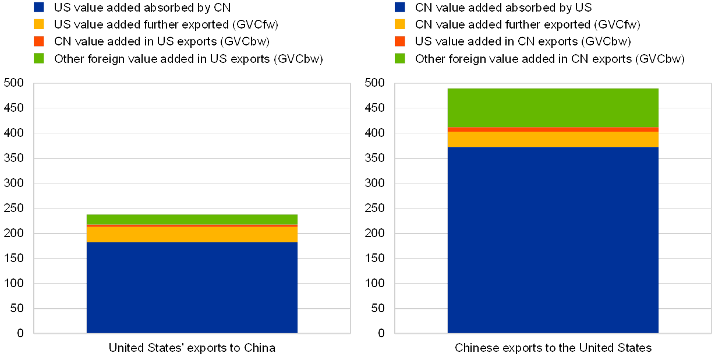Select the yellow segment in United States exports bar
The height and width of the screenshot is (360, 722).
pos(192,234)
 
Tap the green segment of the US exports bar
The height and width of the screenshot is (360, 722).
pos(192,219)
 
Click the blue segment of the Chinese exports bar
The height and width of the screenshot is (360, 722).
pos(553,239)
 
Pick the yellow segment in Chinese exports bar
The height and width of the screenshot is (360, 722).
pos(553,139)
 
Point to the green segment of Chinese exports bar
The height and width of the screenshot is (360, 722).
pos(553,107)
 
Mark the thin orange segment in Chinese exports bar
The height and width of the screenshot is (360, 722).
pos(553,129)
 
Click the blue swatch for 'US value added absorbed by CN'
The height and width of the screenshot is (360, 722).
pos(40,7)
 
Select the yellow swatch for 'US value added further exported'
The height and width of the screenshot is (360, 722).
pos(40,24)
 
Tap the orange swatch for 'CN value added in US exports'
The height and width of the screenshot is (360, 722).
pos(40,41)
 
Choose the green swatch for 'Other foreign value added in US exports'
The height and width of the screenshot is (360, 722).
pos(40,58)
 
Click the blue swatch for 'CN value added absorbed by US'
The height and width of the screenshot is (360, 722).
pos(401,7)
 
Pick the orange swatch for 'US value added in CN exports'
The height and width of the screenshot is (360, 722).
pos(401,41)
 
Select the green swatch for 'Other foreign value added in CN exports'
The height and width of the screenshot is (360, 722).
pos(401,58)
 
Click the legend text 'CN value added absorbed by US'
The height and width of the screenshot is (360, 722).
pos(503,8)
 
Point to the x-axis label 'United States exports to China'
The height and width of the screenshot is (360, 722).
pos(192,348)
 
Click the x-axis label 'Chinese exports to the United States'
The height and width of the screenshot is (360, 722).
pos(553,348)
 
